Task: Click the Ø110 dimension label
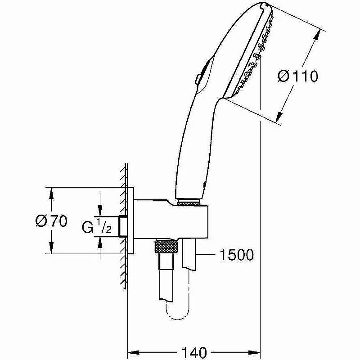298,76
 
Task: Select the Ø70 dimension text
51,221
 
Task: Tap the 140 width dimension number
194,352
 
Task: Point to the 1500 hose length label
237,255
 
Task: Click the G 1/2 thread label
97,226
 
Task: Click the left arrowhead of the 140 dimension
134,352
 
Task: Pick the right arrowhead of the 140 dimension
254,352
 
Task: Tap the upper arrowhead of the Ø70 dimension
51,193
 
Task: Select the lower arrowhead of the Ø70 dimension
51,248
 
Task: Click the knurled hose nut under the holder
166,246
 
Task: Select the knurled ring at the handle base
189,203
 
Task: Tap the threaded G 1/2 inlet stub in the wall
123,226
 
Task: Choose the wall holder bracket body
171,219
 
